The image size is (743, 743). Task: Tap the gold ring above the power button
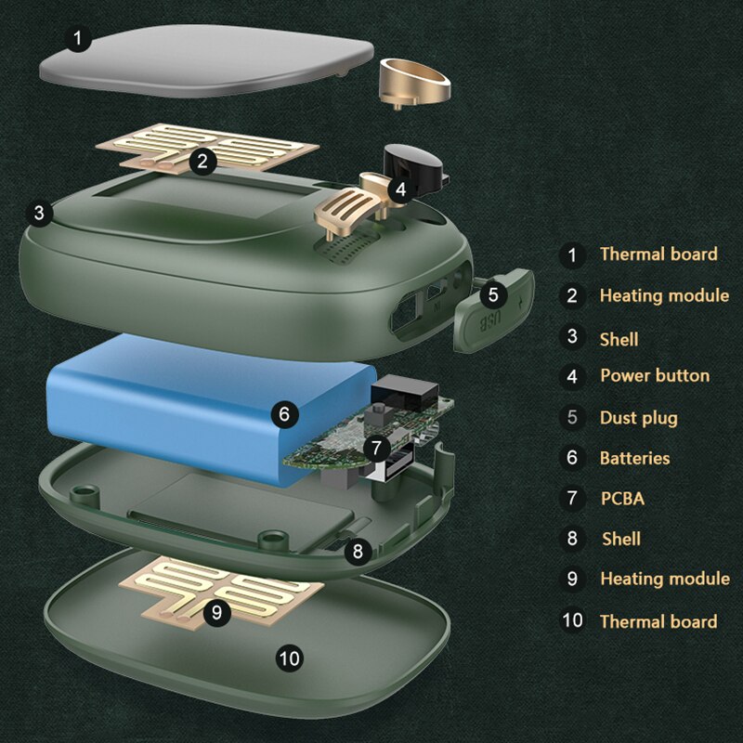415,82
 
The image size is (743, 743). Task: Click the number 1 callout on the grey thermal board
78,38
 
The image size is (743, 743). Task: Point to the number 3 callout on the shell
39,214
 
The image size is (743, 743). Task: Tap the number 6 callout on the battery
284,414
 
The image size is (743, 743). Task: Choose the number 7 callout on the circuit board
377,448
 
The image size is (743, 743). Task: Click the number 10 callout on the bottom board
290,658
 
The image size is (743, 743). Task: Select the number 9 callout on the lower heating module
217,612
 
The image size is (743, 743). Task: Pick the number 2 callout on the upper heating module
202,162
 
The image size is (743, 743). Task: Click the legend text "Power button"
655,376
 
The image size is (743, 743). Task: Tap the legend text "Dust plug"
639,419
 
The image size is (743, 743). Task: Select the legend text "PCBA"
622,499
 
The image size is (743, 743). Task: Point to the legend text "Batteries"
635,458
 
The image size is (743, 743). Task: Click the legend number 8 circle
572,539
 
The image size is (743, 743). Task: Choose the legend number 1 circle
572,255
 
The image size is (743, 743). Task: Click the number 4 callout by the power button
401,189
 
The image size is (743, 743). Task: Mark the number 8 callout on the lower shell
358,551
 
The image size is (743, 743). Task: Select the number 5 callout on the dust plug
493,294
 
